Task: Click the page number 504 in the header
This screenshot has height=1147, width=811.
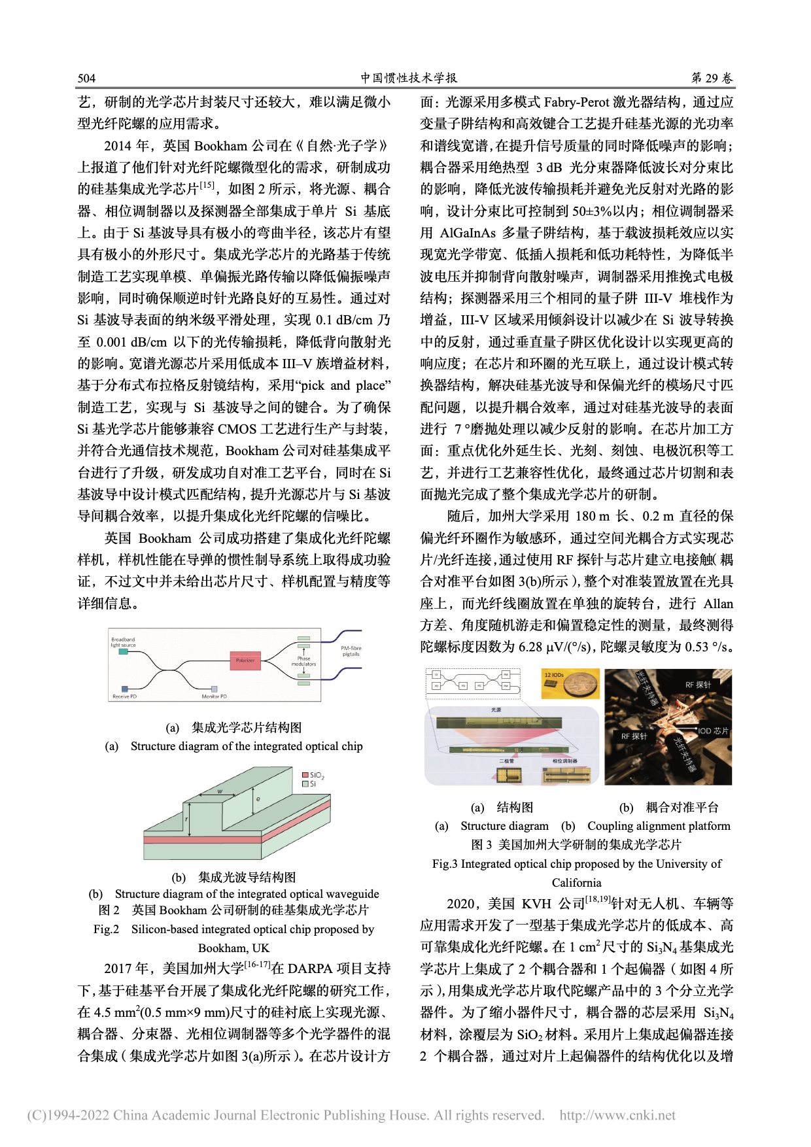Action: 86,78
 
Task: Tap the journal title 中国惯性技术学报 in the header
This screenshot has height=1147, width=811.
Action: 409,78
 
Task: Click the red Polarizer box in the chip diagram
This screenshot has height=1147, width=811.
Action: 245,660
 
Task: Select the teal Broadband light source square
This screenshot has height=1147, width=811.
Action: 124,653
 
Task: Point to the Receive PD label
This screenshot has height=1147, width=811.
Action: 124,696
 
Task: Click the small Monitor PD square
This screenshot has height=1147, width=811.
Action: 214,689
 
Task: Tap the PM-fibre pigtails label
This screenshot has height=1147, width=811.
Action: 351,651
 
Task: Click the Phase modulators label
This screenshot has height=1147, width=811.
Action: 303,661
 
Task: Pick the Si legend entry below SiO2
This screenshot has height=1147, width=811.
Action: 309,783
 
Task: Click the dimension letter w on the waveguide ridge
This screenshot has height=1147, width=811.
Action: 220,792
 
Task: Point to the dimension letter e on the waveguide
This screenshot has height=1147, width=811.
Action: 258,798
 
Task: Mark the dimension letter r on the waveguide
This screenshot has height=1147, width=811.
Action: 186,818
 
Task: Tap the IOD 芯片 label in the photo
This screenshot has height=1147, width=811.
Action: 713,731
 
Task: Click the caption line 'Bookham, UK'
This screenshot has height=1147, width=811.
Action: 233,948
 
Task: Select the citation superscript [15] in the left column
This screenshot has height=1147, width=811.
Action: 207,186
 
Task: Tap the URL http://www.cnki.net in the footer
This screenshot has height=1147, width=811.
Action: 617,1116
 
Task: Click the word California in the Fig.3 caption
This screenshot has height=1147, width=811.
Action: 576,883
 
